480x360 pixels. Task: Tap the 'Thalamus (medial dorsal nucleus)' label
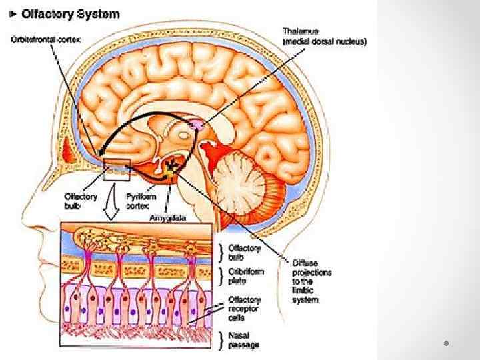(324, 36)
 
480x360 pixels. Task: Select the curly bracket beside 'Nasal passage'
(223, 341)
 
